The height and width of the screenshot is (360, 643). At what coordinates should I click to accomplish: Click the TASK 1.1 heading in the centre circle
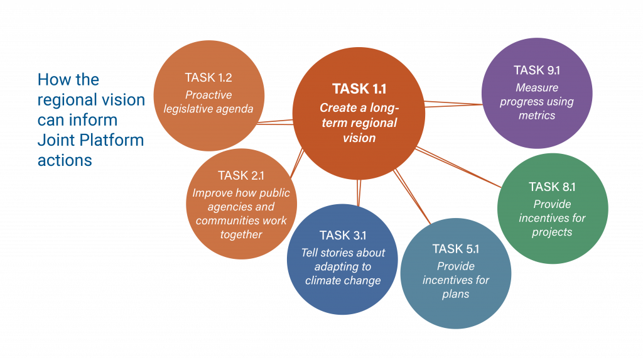click(x=359, y=89)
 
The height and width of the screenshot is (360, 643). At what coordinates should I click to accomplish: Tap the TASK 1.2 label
click(x=208, y=77)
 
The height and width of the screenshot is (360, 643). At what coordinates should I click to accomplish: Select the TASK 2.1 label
click(x=241, y=175)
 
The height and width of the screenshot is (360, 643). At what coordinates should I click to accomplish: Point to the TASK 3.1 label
click(x=343, y=235)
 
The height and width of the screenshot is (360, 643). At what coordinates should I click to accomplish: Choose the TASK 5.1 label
click(x=456, y=249)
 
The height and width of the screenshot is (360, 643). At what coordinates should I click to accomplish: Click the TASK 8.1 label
click(x=552, y=187)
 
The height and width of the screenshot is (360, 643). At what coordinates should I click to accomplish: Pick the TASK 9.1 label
click(x=537, y=70)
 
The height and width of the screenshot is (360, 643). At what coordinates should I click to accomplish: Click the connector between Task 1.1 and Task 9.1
click(x=453, y=104)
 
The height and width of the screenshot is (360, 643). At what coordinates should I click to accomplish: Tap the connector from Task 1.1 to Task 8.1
click(x=458, y=167)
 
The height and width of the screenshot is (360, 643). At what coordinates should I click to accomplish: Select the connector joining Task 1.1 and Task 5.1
click(x=412, y=197)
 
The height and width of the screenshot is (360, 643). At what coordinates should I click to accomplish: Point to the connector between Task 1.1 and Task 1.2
click(x=275, y=122)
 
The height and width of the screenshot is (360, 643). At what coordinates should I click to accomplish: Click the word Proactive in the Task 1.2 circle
click(x=208, y=95)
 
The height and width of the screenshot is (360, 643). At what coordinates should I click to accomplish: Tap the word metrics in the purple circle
click(x=537, y=116)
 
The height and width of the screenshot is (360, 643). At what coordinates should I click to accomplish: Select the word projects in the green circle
click(x=552, y=232)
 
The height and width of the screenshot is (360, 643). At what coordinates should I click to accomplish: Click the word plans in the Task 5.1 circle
click(x=456, y=294)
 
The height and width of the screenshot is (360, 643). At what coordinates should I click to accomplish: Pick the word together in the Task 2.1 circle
click(x=241, y=234)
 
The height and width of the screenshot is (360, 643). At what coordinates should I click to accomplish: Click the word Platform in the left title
click(x=112, y=140)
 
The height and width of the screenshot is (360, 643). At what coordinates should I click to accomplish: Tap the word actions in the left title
click(x=65, y=160)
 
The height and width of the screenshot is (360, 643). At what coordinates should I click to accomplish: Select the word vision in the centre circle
click(x=359, y=138)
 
